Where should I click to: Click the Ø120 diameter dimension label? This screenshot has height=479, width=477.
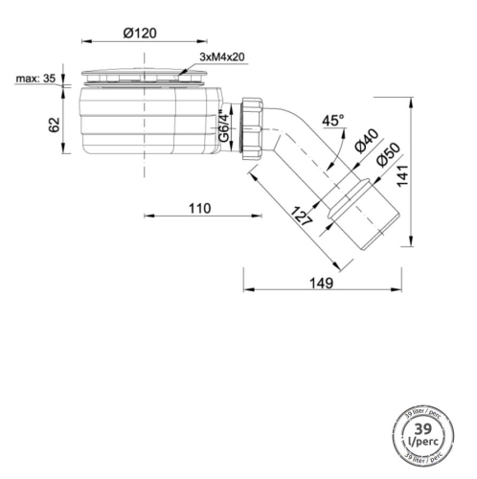coord(141,33)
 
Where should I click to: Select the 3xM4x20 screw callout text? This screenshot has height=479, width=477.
coord(223,58)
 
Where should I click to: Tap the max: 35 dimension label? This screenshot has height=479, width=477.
coord(33,79)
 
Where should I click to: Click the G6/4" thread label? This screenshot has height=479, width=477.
coord(222,125)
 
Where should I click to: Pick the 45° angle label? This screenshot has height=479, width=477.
coord(332,121)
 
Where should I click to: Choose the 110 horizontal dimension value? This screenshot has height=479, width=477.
coord(198,208)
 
